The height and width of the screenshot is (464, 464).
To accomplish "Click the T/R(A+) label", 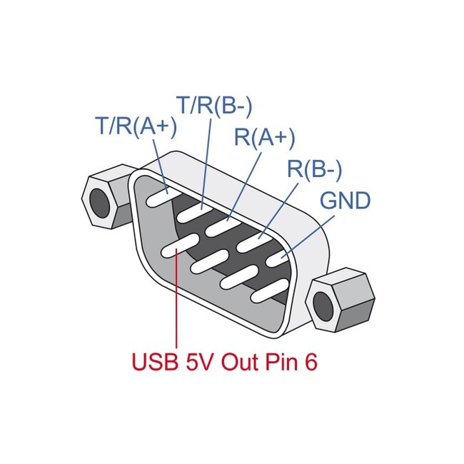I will [x=136, y=126].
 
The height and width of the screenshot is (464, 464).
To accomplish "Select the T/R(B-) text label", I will [x=214, y=105].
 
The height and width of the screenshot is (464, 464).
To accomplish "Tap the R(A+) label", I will [x=264, y=137].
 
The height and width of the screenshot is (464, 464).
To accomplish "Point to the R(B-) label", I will [x=315, y=169].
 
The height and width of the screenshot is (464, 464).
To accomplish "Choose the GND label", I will [x=345, y=201].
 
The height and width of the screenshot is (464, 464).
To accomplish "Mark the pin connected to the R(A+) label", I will [x=223, y=226].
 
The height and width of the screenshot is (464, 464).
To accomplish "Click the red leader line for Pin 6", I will [x=175, y=307].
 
